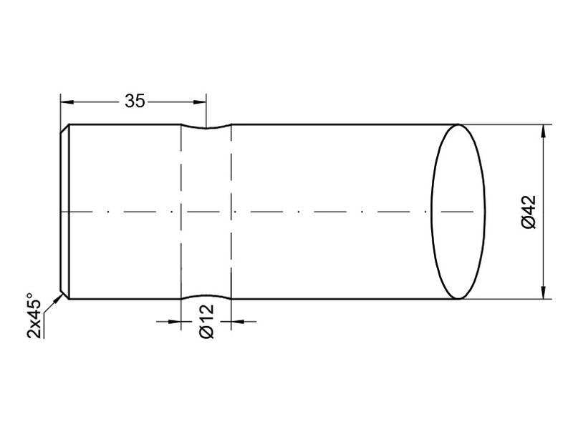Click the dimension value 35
(135, 102)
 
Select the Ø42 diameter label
(529, 212)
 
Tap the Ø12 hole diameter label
(207, 322)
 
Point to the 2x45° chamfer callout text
(34, 315)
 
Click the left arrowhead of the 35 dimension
(67, 102)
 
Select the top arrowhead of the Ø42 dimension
(546, 131)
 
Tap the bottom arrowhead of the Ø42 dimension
(546, 292)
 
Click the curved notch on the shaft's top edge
(206, 129)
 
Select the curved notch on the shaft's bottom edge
(206, 295)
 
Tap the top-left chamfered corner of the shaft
(64, 129)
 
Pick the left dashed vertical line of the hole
(181, 179)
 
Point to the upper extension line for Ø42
(509, 124)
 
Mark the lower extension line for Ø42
(509, 299)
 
